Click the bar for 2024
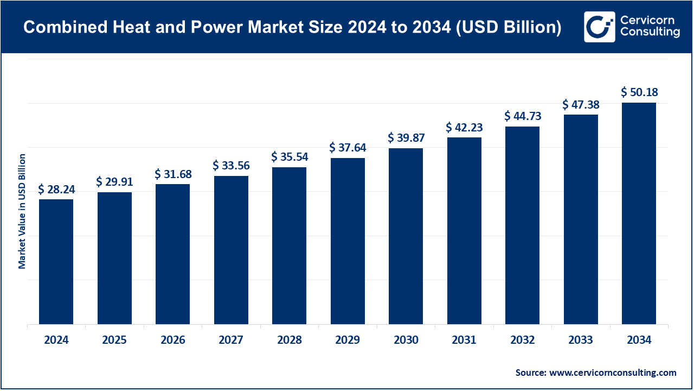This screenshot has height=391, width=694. [x=56, y=262]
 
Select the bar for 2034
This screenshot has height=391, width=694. [x=639, y=213]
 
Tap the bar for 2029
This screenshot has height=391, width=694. [x=348, y=241]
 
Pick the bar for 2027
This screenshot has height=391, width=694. [x=231, y=250]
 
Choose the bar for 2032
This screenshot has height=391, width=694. [x=522, y=225]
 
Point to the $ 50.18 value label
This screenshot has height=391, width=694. [x=639, y=92]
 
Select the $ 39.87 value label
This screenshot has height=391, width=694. [x=406, y=138]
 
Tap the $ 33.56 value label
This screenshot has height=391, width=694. [x=231, y=165]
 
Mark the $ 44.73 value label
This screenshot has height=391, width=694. [x=522, y=116]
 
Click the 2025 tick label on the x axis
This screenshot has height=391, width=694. [x=114, y=340]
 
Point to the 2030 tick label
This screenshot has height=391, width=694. [x=406, y=340]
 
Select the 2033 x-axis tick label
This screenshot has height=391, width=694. [x=581, y=340]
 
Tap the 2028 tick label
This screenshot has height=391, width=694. [x=289, y=340]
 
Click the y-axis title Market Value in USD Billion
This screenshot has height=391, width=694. [x=22, y=211]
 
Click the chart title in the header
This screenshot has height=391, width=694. [x=292, y=27]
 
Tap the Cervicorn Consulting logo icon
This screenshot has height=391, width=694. [x=599, y=27]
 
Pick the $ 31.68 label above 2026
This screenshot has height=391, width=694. [x=172, y=174]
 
